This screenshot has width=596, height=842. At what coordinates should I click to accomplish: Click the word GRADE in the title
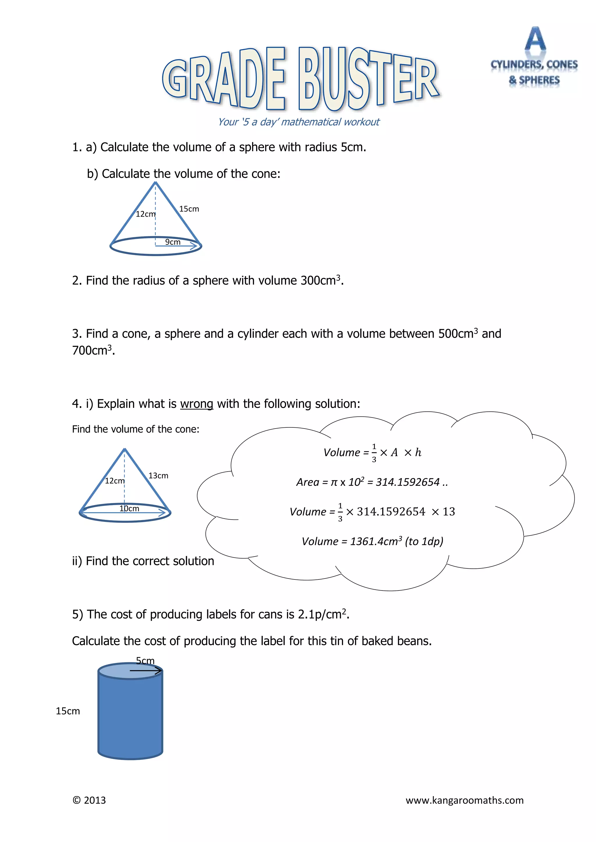(x=224, y=79)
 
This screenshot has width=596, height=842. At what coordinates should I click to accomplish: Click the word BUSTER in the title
(x=369, y=79)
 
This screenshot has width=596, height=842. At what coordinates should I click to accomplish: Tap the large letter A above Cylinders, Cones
(x=535, y=39)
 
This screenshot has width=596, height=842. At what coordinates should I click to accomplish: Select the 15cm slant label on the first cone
(x=189, y=209)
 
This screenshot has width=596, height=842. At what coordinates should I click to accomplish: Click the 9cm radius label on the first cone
(x=173, y=242)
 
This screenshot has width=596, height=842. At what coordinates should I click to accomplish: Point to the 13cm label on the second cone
(x=158, y=476)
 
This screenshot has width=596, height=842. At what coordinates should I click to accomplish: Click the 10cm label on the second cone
(x=129, y=509)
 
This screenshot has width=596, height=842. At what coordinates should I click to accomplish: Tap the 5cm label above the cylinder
(x=145, y=661)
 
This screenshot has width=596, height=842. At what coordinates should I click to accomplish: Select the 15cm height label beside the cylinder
(x=68, y=711)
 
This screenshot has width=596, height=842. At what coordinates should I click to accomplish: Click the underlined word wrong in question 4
(x=196, y=404)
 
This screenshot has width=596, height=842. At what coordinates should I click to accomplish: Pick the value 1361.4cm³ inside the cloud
(x=375, y=541)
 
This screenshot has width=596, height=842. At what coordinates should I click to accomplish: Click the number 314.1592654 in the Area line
(x=407, y=482)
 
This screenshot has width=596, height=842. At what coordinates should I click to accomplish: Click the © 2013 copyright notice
(x=89, y=800)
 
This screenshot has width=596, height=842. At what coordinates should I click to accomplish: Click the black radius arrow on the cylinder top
(x=146, y=671)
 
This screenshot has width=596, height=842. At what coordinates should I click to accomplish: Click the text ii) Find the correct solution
(x=143, y=561)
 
